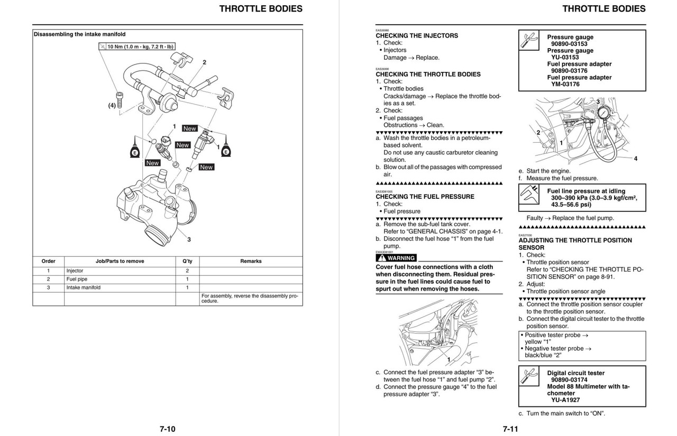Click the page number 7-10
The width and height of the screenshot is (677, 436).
[167, 429]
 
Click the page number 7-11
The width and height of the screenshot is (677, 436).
[510, 429]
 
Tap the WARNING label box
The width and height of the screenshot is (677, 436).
[396, 258]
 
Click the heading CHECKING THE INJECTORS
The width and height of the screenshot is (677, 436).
[417, 36]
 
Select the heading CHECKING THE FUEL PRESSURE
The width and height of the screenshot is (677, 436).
[425, 197]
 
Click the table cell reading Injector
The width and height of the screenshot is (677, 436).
[75, 271]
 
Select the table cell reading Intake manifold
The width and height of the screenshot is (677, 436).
[83, 287]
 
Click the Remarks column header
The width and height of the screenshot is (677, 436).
[250, 261]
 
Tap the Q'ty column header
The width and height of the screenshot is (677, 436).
[187, 261]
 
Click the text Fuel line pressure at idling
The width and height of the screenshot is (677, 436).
[586, 191]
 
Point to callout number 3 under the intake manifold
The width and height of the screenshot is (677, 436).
[189, 239]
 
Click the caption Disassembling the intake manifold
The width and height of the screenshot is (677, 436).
[79, 34]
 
